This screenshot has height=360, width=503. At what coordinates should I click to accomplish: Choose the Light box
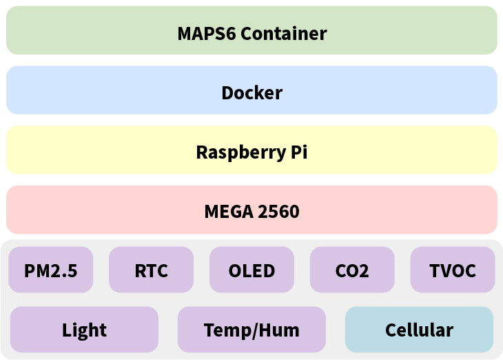[84, 330]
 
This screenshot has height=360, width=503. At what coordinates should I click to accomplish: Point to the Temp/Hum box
[251, 330]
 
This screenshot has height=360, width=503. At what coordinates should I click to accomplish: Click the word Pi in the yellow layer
[296, 152]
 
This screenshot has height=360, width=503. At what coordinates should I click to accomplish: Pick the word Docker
[251, 92]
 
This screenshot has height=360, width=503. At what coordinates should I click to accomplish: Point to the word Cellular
[419, 330]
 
